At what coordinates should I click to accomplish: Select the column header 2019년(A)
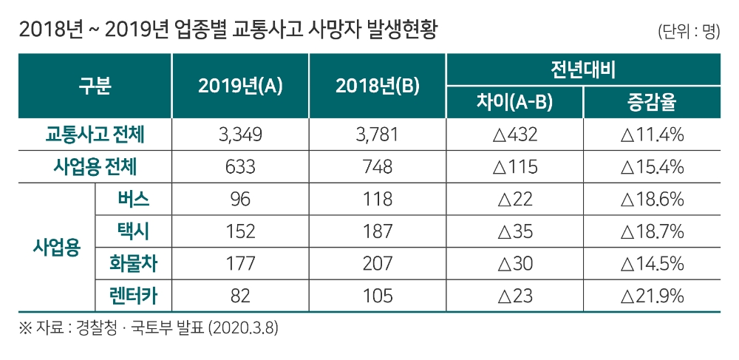(241, 86)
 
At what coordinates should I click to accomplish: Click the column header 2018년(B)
(378, 86)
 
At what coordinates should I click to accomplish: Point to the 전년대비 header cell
(583, 71)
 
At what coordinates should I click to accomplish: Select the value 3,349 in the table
(241, 136)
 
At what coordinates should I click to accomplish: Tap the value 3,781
(378, 136)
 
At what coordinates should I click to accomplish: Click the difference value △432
(515, 136)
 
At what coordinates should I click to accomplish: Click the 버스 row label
(133, 199)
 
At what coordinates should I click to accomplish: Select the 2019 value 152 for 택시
(241, 232)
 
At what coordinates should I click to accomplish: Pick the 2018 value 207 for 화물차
(378, 264)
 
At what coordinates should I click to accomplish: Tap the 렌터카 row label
(133, 296)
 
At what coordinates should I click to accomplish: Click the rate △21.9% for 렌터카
(652, 296)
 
